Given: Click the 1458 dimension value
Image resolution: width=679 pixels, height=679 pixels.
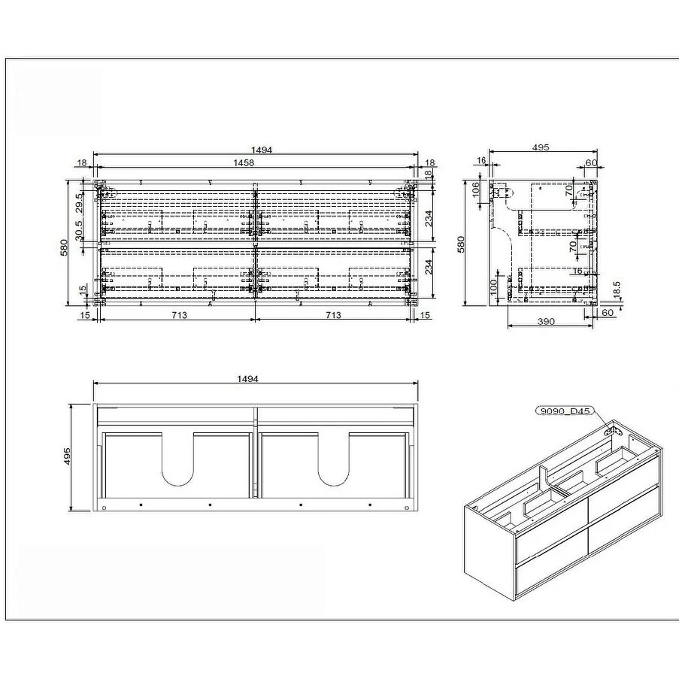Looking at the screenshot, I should (x=242, y=162).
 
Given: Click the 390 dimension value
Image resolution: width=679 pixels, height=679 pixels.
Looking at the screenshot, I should (x=546, y=322).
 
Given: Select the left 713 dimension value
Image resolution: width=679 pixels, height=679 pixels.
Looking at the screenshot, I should (x=178, y=315).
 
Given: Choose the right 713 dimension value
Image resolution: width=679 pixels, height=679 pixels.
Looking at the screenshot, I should (x=333, y=315).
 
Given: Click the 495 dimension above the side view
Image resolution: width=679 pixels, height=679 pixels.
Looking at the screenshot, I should (x=540, y=148).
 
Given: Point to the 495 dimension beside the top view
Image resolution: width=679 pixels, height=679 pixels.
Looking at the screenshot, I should (x=68, y=456).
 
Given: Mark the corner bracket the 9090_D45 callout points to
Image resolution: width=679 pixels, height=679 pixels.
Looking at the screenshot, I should (x=613, y=432).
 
